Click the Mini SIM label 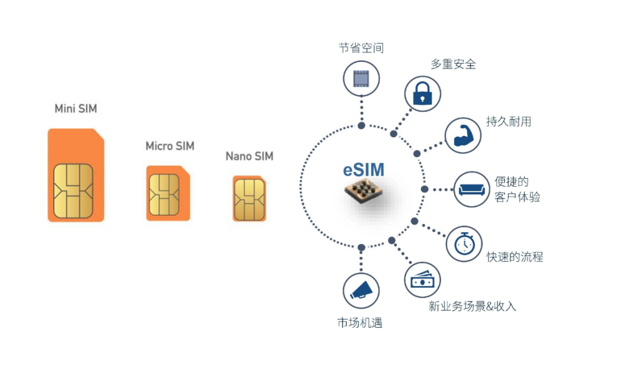coord(76,109)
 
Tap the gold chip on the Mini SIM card coord(73,191)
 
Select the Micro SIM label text coord(170,146)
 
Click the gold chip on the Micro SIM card coord(165,195)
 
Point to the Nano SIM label coord(250,156)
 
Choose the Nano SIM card coord(249,199)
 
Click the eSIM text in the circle coord(363,170)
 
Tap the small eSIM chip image coord(363,191)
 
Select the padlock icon coord(422,93)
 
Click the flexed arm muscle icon coord(463,135)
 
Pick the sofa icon coord(472,189)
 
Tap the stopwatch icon coord(464,243)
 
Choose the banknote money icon coord(422,279)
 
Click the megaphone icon coord(361,290)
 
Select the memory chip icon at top coord(361,78)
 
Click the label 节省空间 coord(361,48)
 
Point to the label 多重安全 coord(453,64)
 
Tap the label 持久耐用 coord(509,122)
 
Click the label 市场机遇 coord(360,323)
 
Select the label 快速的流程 coord(515,257)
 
